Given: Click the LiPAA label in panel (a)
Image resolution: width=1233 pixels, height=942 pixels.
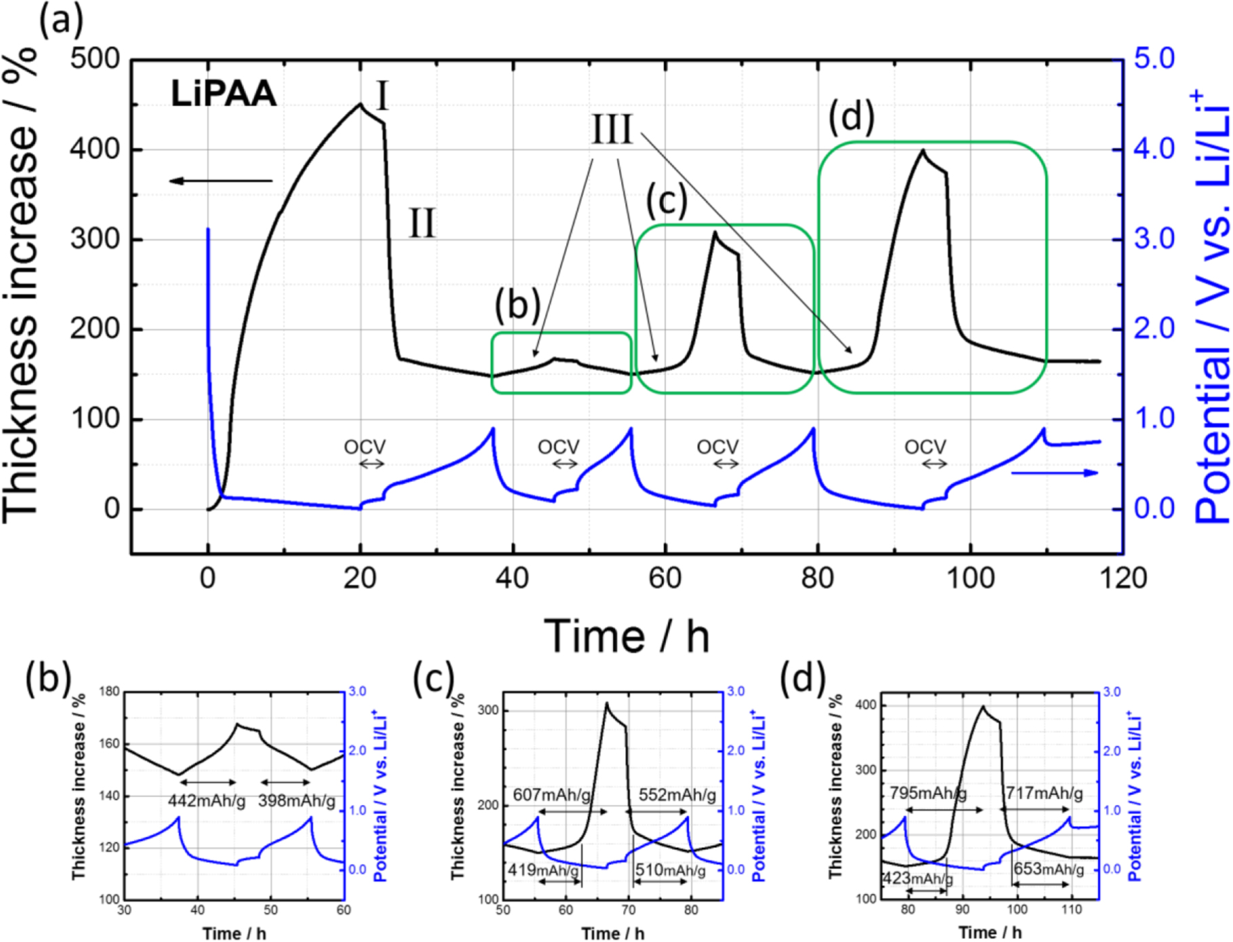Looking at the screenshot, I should click(x=223, y=94).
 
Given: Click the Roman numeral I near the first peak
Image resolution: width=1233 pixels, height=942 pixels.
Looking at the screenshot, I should click(x=382, y=96).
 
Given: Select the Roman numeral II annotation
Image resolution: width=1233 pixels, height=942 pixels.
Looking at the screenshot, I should click(x=422, y=224).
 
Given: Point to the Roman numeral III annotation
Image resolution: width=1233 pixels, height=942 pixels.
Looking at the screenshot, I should click(x=612, y=129).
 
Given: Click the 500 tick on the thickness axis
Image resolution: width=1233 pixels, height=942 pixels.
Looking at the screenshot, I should click(x=94, y=59).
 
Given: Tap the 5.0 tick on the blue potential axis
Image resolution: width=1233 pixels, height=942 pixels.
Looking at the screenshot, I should click(x=1154, y=59).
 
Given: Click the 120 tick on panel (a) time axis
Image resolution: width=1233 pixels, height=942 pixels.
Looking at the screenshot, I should click(x=1123, y=578).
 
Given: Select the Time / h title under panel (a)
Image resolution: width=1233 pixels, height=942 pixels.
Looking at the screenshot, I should click(x=626, y=636).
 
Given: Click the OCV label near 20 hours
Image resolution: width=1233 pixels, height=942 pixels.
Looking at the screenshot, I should click(x=364, y=447).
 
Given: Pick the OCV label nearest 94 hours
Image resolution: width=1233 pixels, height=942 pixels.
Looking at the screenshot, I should click(x=925, y=447).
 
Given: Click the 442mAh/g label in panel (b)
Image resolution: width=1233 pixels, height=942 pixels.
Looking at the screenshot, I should click(x=207, y=801).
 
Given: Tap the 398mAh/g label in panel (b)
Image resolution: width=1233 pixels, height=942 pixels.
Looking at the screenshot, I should click(x=297, y=801).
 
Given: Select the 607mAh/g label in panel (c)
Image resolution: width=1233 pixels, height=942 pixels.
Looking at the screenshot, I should click(x=551, y=794).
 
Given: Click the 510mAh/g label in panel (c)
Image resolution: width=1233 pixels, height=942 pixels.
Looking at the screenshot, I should click(x=670, y=870).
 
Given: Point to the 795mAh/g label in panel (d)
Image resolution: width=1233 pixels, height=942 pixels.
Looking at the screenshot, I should click(x=927, y=792).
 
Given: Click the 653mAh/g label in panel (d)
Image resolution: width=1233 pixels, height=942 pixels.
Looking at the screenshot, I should click(x=1048, y=869).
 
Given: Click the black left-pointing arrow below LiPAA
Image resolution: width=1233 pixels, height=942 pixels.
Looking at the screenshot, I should click(x=220, y=181).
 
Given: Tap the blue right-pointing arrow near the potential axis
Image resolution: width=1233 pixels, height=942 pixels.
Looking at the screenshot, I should click(x=1054, y=472).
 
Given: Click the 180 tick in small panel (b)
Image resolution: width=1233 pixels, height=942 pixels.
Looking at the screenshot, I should click(x=109, y=692).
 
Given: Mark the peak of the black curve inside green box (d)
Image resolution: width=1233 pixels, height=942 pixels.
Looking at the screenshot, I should click(x=923, y=150).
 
